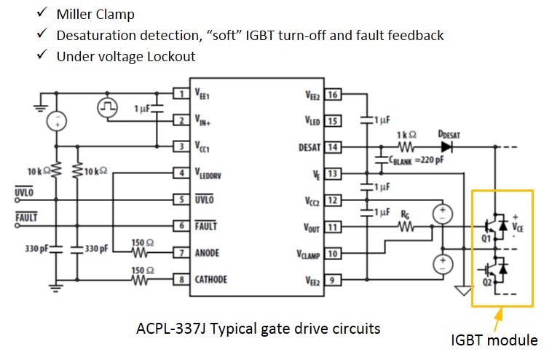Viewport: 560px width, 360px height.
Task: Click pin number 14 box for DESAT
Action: click(x=333, y=147)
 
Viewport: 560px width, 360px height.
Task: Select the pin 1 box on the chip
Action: click(x=181, y=94)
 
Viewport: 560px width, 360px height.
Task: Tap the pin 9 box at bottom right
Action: click(x=333, y=280)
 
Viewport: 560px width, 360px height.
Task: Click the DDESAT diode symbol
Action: click(x=447, y=147)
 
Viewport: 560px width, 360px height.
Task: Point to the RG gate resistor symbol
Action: click(x=406, y=227)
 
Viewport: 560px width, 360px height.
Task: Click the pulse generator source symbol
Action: click(x=108, y=107)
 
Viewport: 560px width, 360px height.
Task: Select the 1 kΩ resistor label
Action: click(x=406, y=135)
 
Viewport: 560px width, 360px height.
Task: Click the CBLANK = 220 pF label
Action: click(x=417, y=160)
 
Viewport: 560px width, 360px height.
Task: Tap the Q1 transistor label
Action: click(x=486, y=238)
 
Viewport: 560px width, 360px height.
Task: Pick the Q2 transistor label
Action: click(x=487, y=282)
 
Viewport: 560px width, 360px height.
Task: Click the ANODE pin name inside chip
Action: click(x=207, y=253)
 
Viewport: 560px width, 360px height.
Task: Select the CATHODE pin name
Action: click(x=210, y=279)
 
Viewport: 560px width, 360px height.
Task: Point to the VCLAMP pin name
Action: click(x=308, y=254)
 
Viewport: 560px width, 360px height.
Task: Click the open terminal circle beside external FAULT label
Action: click(x=17, y=226)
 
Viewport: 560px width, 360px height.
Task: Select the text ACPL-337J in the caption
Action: click(x=171, y=329)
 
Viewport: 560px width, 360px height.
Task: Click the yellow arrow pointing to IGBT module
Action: click(x=498, y=321)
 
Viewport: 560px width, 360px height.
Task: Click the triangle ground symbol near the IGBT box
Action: click(x=464, y=291)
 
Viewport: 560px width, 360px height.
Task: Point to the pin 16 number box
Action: click(x=333, y=95)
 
